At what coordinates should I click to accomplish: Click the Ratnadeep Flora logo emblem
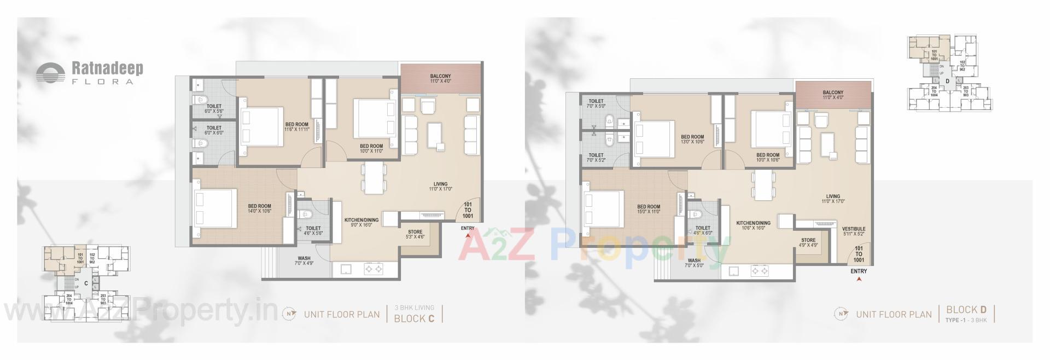point(50,73)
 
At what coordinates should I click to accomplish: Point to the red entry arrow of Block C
point(468,236)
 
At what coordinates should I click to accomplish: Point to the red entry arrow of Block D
point(859,279)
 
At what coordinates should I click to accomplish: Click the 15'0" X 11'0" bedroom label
point(649,209)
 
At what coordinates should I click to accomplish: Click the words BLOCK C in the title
point(414,318)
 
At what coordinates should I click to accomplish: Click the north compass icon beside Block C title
point(289,314)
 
